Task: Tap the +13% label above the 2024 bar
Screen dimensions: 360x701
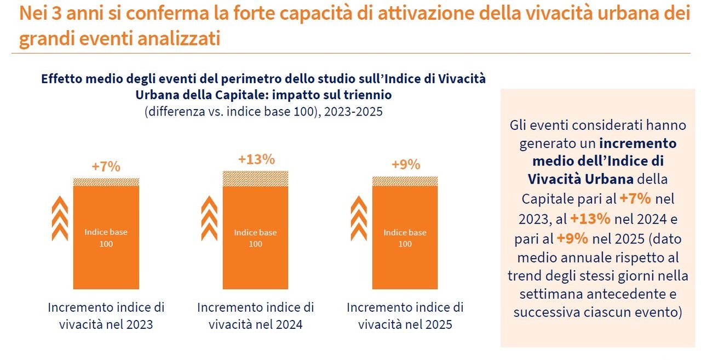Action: tap(256, 159)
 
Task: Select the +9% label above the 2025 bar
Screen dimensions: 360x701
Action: tap(406, 164)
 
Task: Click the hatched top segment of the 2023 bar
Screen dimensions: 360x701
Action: tap(106, 182)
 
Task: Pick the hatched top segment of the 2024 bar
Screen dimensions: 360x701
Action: tap(256, 178)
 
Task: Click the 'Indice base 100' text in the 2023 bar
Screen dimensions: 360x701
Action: tap(106, 238)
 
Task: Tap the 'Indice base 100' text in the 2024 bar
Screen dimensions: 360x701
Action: tap(256, 238)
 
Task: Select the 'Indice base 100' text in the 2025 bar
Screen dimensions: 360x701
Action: tap(405, 238)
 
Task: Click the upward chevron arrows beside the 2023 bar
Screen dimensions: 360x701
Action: tap(60, 219)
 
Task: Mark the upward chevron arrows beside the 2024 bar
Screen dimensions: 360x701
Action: tap(209, 219)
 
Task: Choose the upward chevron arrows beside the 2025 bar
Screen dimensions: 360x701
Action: tap(359, 219)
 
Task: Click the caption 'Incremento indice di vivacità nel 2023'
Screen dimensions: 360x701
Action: tap(106, 316)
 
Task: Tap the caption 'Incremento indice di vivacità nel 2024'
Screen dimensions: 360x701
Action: tap(256, 316)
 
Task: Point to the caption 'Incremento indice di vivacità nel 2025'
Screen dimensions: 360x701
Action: tap(405, 316)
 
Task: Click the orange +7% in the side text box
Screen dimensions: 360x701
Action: tap(635, 198)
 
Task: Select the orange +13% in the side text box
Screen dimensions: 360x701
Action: tap(590, 219)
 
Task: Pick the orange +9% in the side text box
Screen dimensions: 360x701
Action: tap(573, 238)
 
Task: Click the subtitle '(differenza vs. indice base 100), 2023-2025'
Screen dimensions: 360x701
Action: tap(263, 111)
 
